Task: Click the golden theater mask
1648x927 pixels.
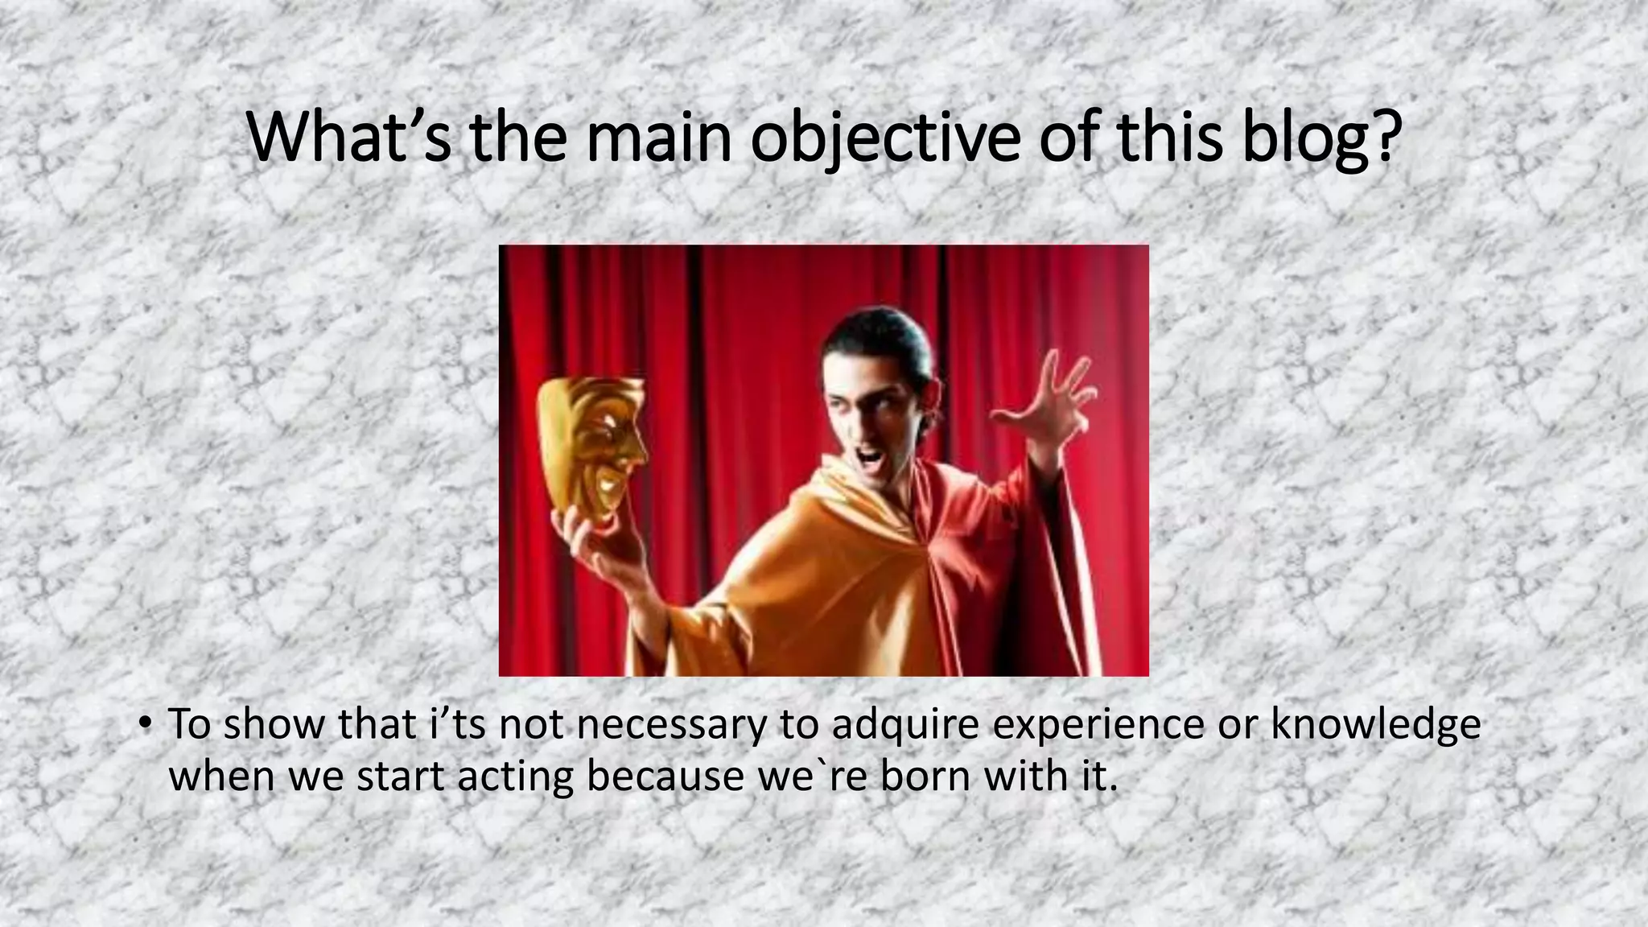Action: pos(591,451)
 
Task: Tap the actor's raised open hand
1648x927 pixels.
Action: pos(1046,402)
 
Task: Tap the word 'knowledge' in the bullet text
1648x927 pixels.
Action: pos(1376,724)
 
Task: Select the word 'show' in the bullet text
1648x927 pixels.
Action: pos(274,724)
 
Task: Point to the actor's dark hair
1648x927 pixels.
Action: pos(877,330)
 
